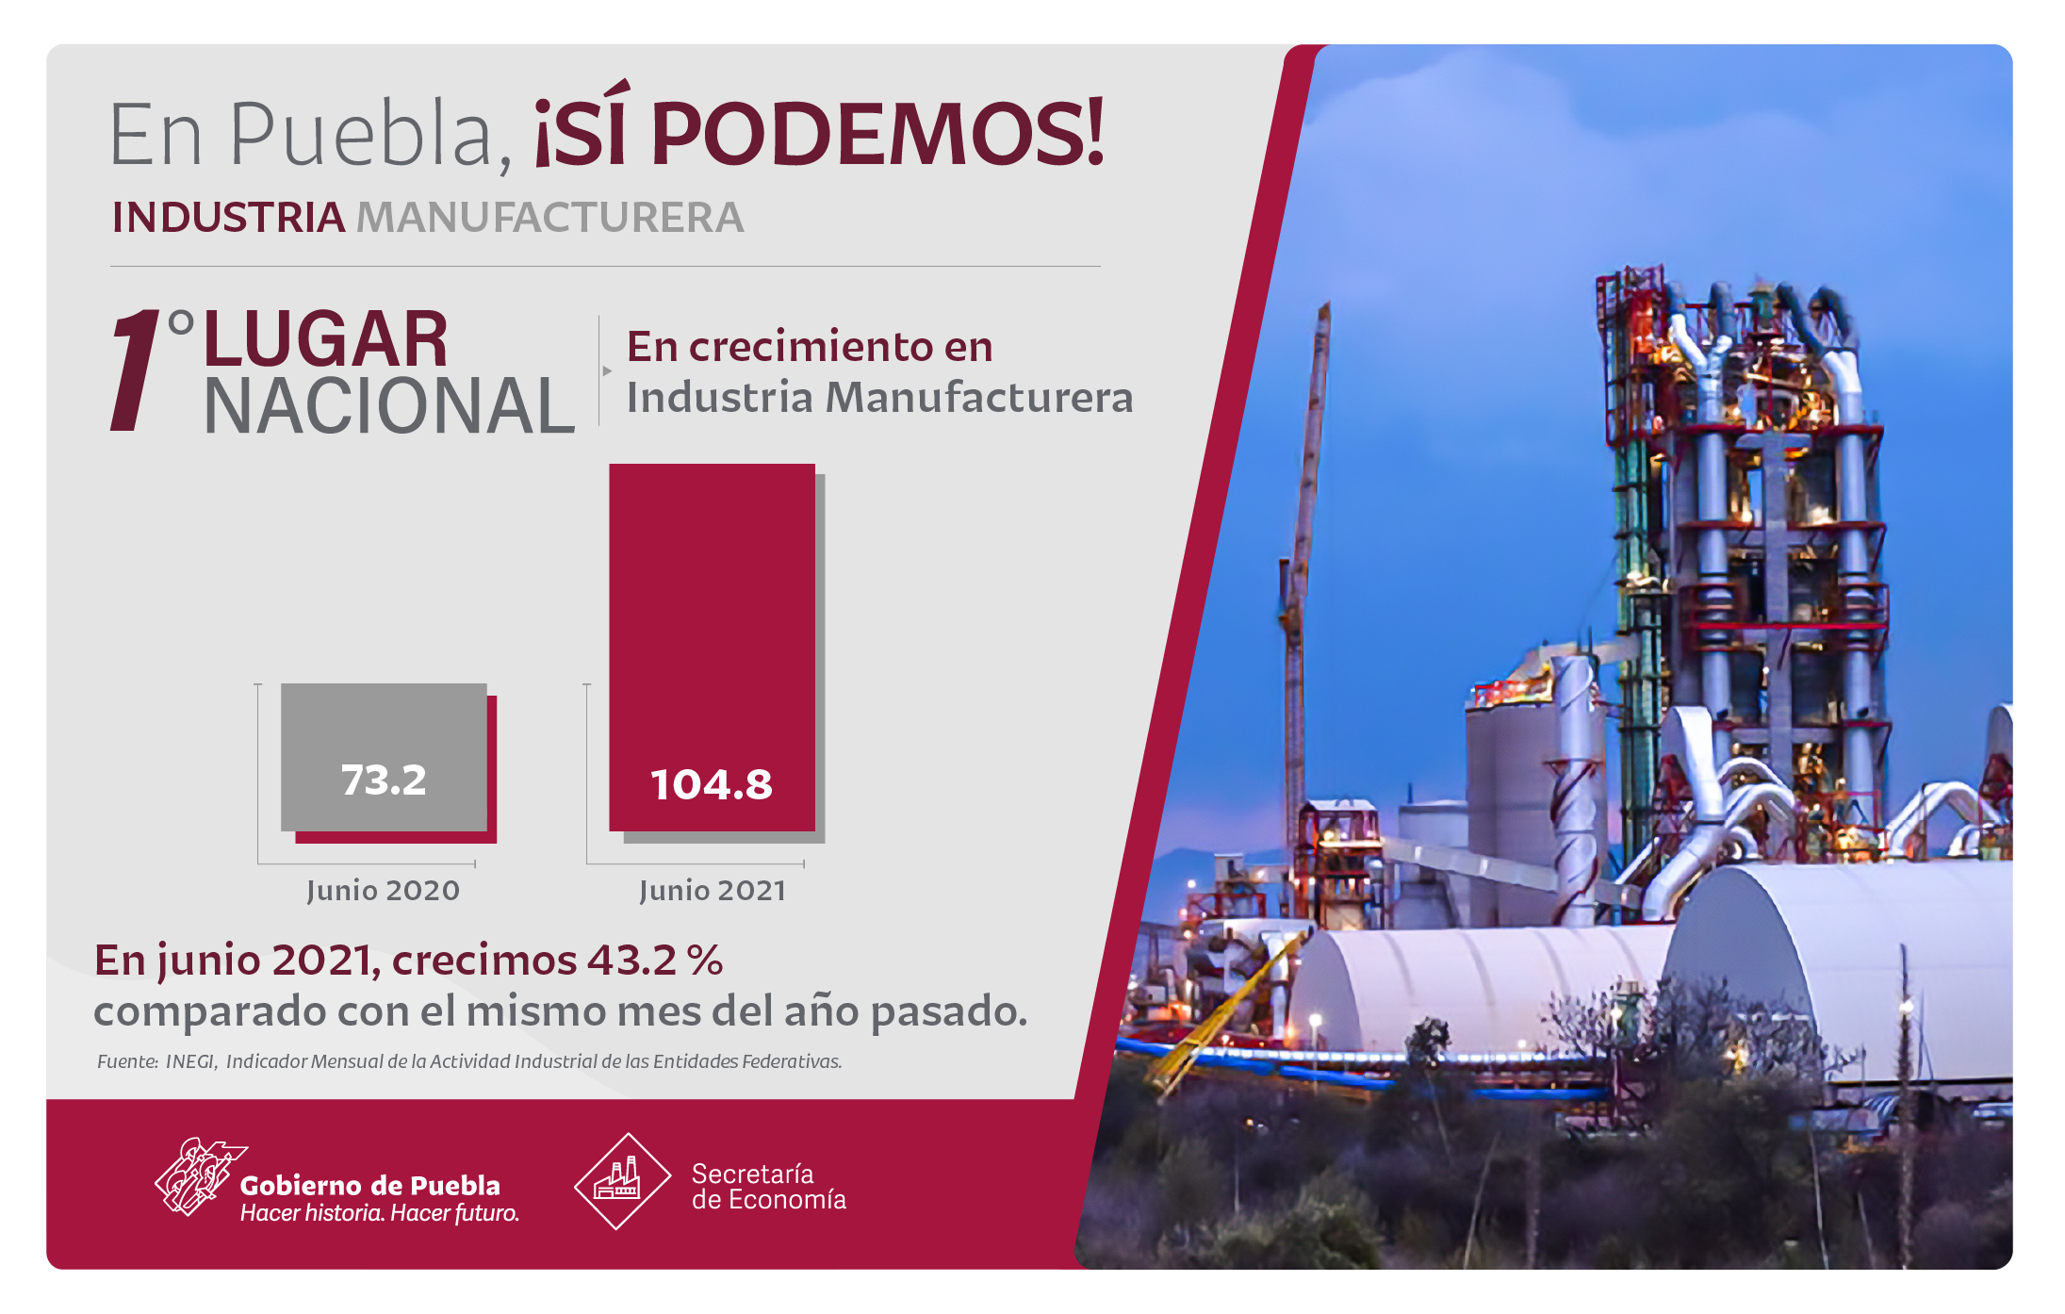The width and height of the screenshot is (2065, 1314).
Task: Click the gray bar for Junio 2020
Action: (x=384, y=757)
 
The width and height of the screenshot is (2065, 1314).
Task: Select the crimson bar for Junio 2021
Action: (x=712, y=648)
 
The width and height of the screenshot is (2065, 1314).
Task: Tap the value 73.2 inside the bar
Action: (x=384, y=780)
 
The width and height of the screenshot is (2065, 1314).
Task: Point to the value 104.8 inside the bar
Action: (x=712, y=785)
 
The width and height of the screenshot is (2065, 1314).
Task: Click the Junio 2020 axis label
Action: (x=383, y=891)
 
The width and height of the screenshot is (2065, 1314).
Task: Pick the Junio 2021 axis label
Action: (x=713, y=891)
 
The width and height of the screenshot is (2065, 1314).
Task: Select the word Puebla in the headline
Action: (x=362, y=134)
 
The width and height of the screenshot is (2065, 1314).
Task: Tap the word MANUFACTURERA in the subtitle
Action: (x=549, y=218)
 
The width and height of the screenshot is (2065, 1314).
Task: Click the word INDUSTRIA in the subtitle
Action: (x=228, y=218)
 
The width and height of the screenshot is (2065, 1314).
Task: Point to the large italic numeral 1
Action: (x=136, y=371)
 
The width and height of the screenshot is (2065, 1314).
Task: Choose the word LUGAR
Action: (x=326, y=339)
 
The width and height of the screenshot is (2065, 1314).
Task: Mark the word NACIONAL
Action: (x=389, y=406)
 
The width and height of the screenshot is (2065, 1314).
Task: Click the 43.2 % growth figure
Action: (x=655, y=961)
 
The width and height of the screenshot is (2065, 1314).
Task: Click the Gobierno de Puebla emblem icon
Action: (x=199, y=1176)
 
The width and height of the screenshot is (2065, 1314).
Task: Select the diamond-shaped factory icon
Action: (x=622, y=1181)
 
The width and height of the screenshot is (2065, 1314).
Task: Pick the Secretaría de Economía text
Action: (x=769, y=1187)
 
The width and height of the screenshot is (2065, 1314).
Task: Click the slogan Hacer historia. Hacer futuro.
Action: (x=380, y=1213)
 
